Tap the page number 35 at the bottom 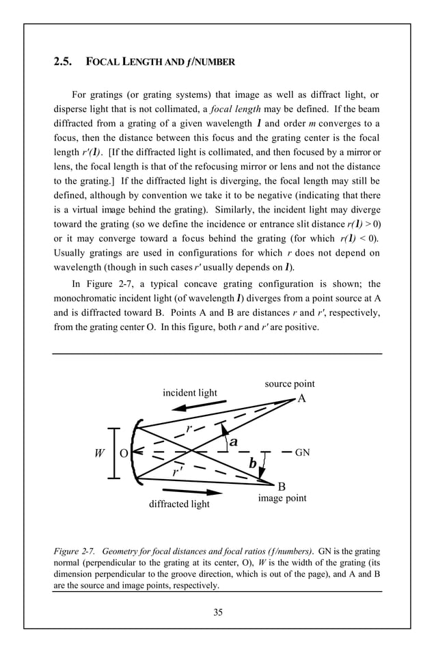click(x=217, y=612)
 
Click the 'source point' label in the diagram click(x=289, y=384)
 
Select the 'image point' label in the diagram click(x=282, y=498)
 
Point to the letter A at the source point click(x=301, y=399)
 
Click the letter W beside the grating click(x=99, y=453)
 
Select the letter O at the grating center click(x=123, y=453)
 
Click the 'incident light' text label click(x=189, y=392)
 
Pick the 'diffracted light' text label click(x=179, y=504)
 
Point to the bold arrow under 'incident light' click(x=193, y=406)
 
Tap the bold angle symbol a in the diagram click(x=233, y=442)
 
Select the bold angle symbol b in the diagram click(x=252, y=464)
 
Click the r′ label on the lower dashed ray click(x=177, y=472)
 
